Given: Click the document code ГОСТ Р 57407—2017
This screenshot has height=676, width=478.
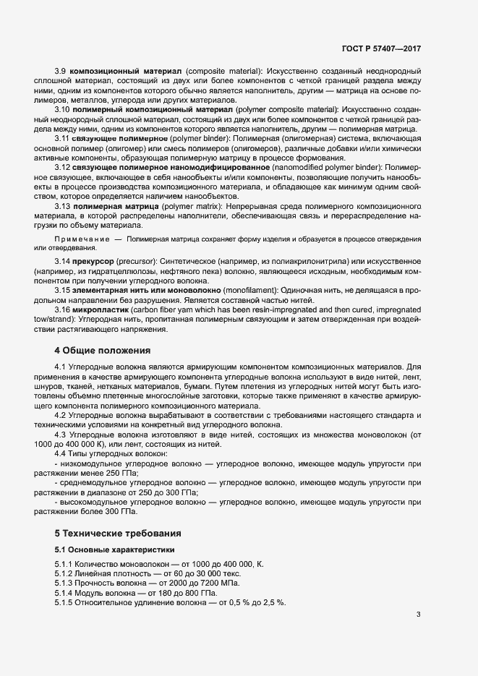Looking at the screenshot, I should [x=381, y=48].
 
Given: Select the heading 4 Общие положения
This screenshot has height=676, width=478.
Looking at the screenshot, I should [x=103, y=351].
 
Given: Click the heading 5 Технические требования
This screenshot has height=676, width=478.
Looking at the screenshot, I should [x=118, y=532].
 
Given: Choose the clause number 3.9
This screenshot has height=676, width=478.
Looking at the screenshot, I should [x=61, y=71].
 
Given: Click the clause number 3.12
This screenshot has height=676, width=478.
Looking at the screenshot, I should [x=63, y=167].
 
